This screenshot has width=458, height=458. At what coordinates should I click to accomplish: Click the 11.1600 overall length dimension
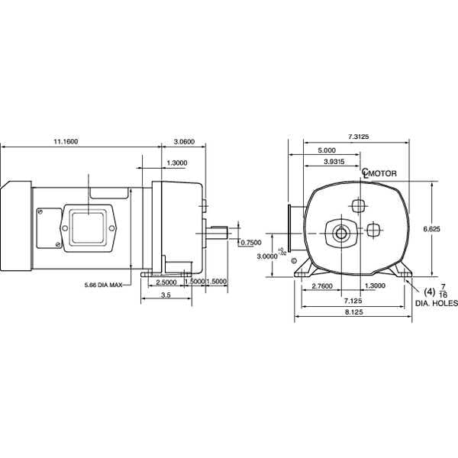[x=66, y=142]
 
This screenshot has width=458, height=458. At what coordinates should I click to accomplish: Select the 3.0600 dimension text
[x=184, y=142]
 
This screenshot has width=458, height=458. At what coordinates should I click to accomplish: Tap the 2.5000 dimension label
[x=166, y=282]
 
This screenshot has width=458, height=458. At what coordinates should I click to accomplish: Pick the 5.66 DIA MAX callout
[x=104, y=285]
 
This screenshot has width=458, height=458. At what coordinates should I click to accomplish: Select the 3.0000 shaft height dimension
[x=266, y=256]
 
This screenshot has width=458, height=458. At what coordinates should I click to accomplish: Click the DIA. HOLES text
[x=436, y=303]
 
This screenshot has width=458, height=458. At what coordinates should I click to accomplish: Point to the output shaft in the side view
[x=218, y=231]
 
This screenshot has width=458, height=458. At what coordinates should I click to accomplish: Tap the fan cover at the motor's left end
[x=15, y=228]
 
